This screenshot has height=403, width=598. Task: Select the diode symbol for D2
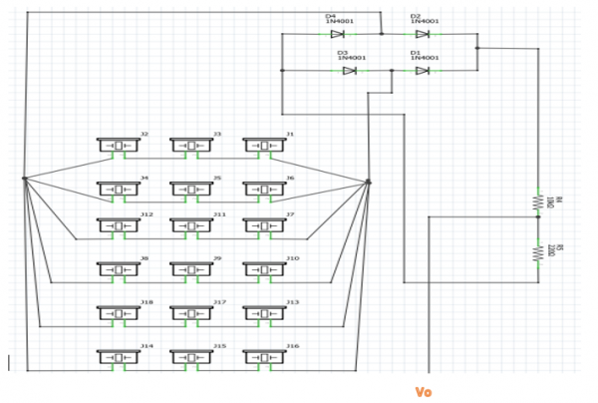click(x=424, y=33)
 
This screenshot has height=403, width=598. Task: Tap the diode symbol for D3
click(x=350, y=70)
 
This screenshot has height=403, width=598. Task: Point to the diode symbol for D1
click(x=424, y=70)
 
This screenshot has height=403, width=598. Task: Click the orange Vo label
click(x=423, y=391)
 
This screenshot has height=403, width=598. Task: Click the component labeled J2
click(x=120, y=146)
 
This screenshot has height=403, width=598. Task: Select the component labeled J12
click(x=120, y=226)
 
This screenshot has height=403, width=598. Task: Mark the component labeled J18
click(x=120, y=313)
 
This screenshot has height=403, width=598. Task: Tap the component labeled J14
click(x=120, y=357)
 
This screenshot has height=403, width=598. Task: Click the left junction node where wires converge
click(x=24, y=180)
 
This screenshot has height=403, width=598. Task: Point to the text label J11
click(x=219, y=214)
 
